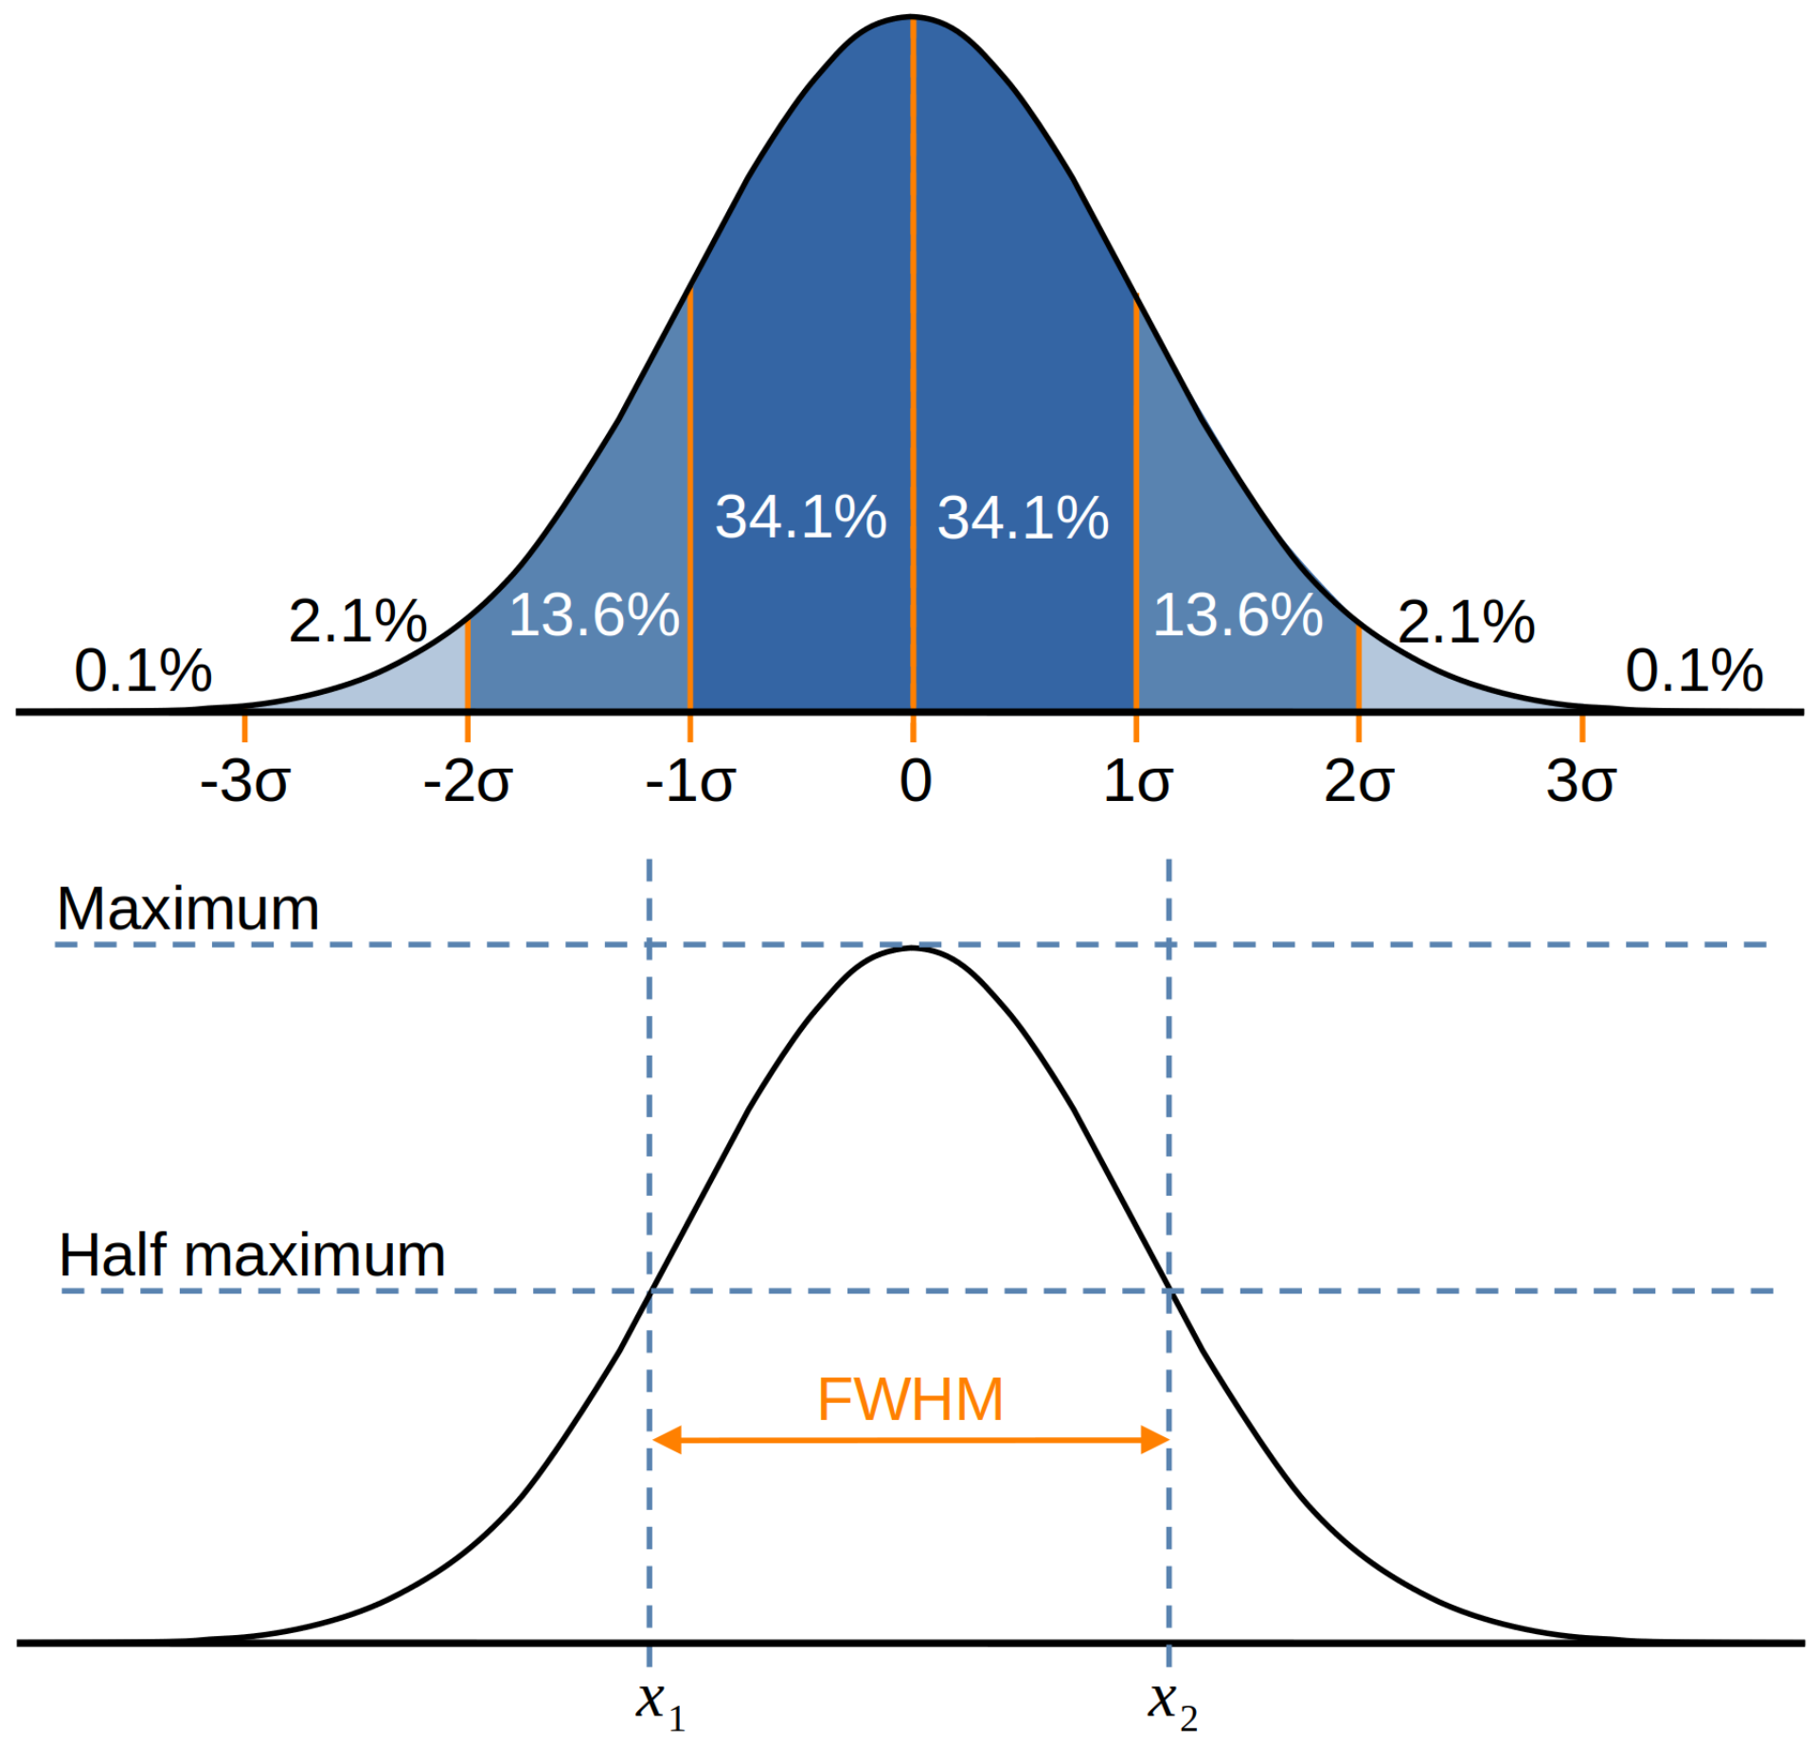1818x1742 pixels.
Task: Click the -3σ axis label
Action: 244,782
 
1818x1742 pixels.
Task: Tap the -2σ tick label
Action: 467,782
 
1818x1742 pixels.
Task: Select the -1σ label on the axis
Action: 689,782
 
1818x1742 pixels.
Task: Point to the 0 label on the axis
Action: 915,782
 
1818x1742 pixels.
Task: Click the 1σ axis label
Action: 1137,782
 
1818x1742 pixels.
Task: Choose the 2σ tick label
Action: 1358,782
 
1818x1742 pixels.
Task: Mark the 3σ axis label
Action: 1580,782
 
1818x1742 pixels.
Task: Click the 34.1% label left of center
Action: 800,517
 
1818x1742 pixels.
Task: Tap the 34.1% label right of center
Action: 1023,517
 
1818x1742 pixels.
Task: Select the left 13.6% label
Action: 594,614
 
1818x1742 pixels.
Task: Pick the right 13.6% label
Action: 1238,614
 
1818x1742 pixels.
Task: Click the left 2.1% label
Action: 357,621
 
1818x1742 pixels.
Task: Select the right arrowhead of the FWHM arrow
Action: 1154,1440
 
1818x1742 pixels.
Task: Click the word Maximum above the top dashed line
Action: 187,909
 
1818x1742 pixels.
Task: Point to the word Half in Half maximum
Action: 115,1255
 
